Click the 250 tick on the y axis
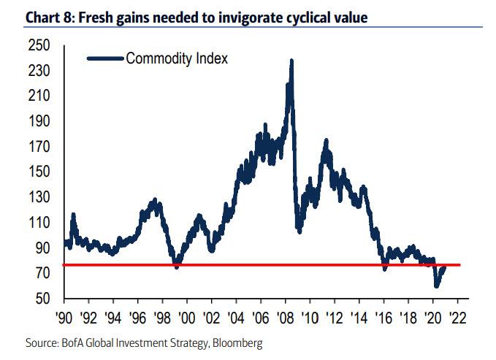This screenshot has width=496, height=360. click(x=38, y=46)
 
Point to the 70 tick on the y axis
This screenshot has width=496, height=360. click(x=41, y=274)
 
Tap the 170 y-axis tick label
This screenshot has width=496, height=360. click(x=38, y=148)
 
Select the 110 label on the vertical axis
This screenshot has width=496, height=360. click(x=38, y=223)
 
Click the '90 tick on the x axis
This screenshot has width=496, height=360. click(x=65, y=319)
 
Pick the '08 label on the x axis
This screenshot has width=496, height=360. click(x=286, y=319)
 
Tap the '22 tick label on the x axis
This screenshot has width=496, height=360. click(x=458, y=319)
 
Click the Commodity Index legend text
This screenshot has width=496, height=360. click(x=177, y=58)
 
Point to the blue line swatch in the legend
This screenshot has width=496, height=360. click(x=104, y=58)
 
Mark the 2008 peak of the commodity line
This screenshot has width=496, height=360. click(x=292, y=61)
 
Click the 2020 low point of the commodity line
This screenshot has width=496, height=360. click(x=436, y=286)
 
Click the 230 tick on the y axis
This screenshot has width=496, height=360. click(x=38, y=72)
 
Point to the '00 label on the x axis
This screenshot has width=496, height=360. click(x=188, y=319)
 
